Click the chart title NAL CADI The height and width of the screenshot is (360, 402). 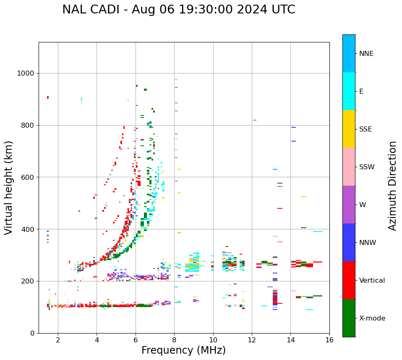pyautogui.click(x=178, y=10)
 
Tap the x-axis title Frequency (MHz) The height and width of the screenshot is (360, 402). pyautogui.click(x=183, y=350)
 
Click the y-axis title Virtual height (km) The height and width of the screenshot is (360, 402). pyautogui.click(x=9, y=187)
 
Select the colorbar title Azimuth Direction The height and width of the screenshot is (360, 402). pyautogui.click(x=392, y=186)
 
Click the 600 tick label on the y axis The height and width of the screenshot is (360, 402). pyautogui.click(x=28, y=177)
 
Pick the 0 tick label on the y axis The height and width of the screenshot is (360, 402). pyautogui.click(x=33, y=333)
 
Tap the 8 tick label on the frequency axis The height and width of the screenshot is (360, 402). pyautogui.click(x=175, y=340)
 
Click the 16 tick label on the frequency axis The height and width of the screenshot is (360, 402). pyautogui.click(x=329, y=340)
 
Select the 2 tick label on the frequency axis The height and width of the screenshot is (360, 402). pyautogui.click(x=58, y=340)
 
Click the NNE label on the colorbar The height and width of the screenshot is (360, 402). pyautogui.click(x=366, y=54)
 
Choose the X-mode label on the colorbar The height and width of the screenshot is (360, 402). pyautogui.click(x=372, y=318)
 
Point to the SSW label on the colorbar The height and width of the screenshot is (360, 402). pyautogui.click(x=367, y=167)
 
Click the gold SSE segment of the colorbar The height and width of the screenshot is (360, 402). pyautogui.click(x=349, y=129)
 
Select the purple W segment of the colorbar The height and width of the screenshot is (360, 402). pyautogui.click(x=349, y=205)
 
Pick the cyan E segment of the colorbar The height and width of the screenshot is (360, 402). pyautogui.click(x=349, y=91)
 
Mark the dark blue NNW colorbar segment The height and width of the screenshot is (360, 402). pyautogui.click(x=349, y=242)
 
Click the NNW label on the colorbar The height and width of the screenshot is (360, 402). pyautogui.click(x=368, y=243)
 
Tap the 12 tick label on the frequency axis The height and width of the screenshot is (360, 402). pyautogui.click(x=252, y=340)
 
